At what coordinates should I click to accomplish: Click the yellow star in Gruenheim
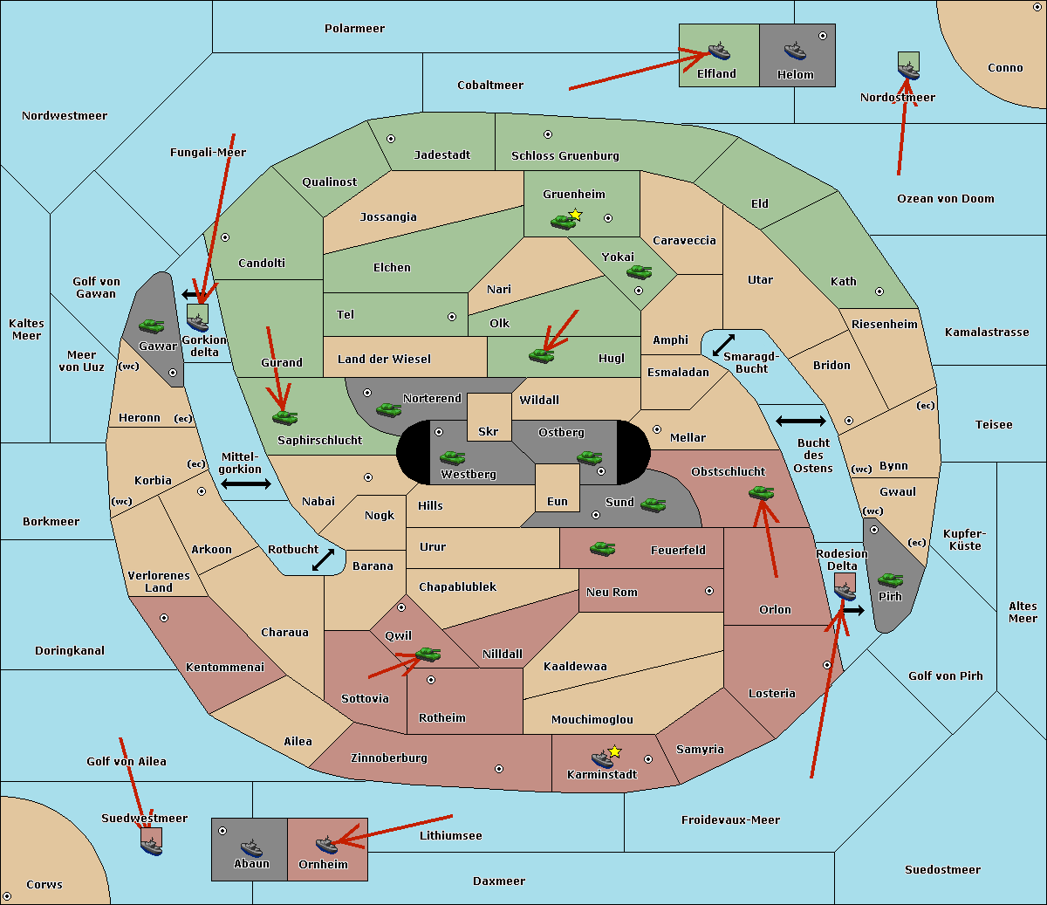click(x=576, y=215)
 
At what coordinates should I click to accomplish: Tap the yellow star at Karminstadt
click(x=614, y=751)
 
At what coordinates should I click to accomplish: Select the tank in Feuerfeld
click(x=602, y=549)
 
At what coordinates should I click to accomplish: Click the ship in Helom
click(x=795, y=51)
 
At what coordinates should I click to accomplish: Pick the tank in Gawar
click(x=152, y=326)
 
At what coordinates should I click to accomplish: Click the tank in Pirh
click(x=890, y=579)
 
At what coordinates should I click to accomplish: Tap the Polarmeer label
click(x=354, y=29)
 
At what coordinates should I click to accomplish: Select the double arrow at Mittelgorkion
click(x=246, y=483)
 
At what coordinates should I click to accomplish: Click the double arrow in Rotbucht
click(x=323, y=559)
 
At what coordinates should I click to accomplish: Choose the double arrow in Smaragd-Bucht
click(x=723, y=345)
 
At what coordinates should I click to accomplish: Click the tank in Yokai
click(x=639, y=272)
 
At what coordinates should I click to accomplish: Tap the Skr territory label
click(x=489, y=431)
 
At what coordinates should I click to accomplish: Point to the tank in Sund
click(x=653, y=504)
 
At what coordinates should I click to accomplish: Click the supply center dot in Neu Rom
click(x=709, y=591)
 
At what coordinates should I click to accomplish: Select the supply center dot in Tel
click(x=452, y=317)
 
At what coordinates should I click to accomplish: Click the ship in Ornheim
click(x=326, y=845)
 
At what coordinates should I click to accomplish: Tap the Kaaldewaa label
click(x=575, y=667)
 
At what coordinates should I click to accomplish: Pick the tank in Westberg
click(x=452, y=457)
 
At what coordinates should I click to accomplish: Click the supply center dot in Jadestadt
click(x=391, y=139)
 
